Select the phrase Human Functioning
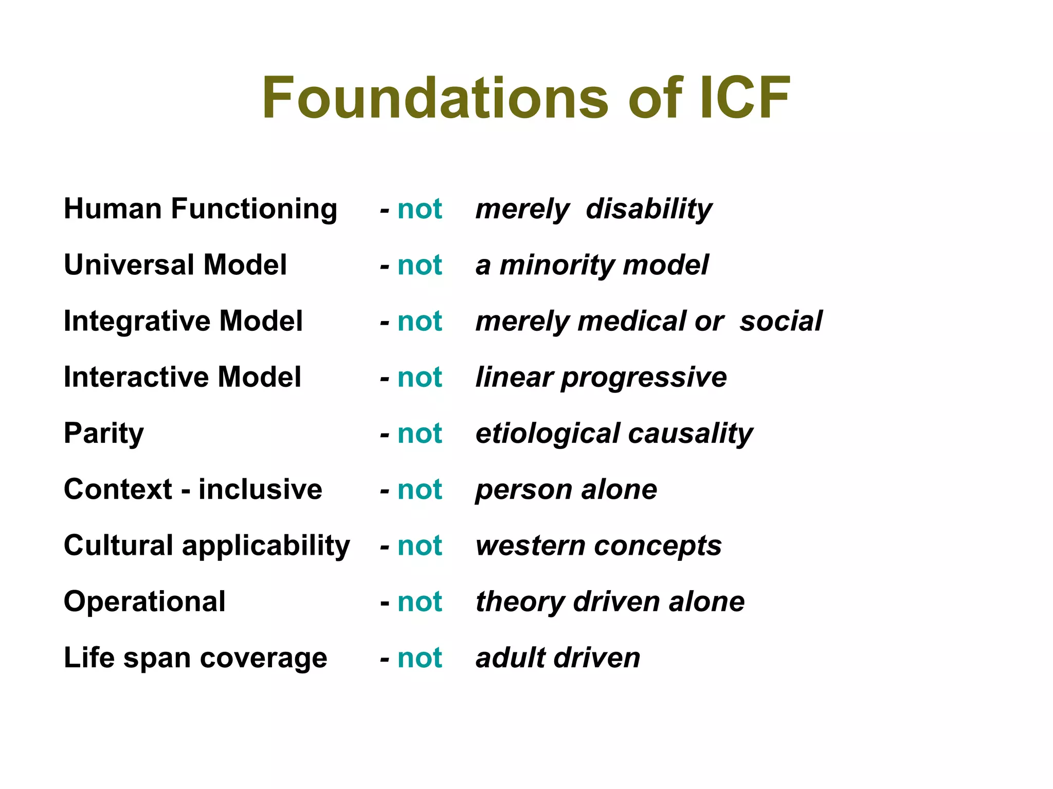[201, 209]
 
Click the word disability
[649, 209]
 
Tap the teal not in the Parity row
[420, 434]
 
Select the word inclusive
[260, 489]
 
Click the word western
[530, 546]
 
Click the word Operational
[144, 602]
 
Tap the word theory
[519, 602]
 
